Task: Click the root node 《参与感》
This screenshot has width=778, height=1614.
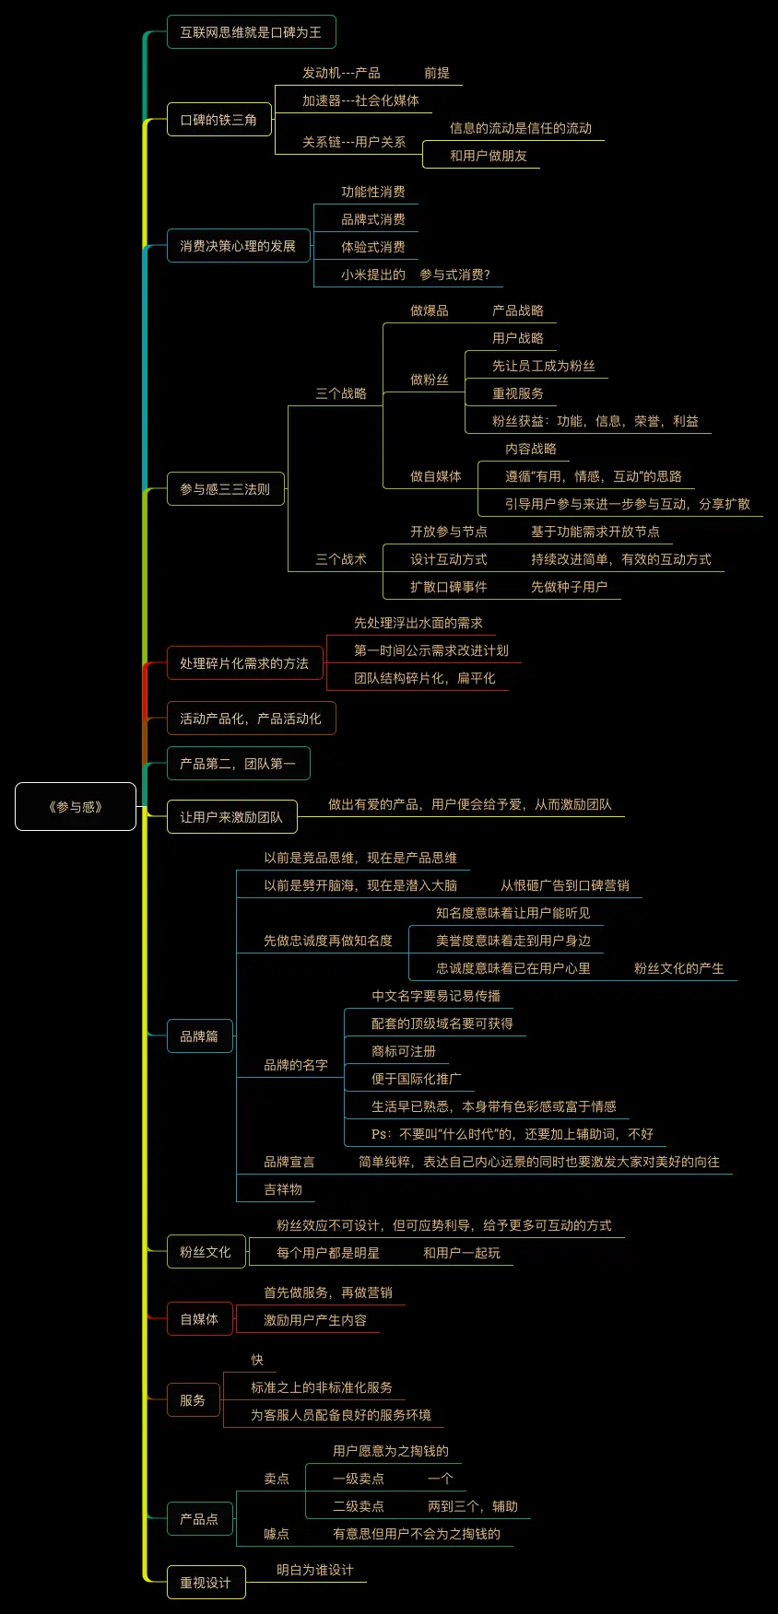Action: point(76,807)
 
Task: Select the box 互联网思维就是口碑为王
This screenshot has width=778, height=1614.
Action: point(251,32)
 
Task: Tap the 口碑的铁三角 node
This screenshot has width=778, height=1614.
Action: point(218,120)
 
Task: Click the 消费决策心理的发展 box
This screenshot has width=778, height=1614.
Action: point(238,246)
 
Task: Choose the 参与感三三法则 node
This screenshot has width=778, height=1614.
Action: point(225,489)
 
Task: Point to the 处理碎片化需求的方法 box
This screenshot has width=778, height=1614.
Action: point(244,663)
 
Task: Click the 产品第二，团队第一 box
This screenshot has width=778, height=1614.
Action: point(238,764)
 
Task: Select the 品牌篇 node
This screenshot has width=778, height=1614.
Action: point(199,1036)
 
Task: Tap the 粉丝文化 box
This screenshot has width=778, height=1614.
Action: point(206,1252)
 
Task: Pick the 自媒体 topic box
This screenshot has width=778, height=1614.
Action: point(199,1319)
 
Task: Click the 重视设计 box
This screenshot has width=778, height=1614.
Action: point(206,1583)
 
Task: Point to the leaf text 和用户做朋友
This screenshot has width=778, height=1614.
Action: point(489,156)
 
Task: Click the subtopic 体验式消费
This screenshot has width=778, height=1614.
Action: point(373,247)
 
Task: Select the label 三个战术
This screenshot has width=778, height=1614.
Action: point(341,559)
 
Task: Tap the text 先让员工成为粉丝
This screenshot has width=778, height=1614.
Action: point(544,366)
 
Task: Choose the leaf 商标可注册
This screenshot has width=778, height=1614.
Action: point(404,1051)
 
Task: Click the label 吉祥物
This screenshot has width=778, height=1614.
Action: point(283,1189)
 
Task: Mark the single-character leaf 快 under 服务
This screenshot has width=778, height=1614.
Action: point(257,1360)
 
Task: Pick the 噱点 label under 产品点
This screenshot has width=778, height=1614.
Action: point(277,1534)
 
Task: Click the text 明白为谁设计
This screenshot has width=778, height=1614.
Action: point(315,1570)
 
